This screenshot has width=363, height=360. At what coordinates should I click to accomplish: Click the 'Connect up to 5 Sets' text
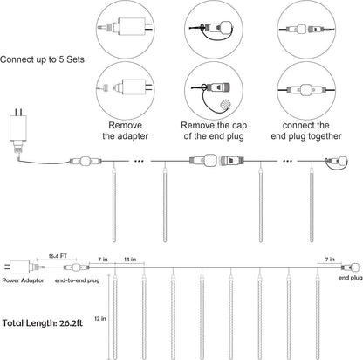[42, 59]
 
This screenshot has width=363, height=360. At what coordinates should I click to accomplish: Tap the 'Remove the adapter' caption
[125, 131]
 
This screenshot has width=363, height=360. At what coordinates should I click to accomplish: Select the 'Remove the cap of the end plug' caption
[214, 131]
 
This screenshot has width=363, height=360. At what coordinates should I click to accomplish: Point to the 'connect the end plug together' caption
[306, 131]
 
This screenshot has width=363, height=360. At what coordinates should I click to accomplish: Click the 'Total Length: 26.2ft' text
[43, 323]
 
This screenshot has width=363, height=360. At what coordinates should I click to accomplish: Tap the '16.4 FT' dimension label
[58, 256]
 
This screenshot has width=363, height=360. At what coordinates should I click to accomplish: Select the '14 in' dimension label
[130, 260]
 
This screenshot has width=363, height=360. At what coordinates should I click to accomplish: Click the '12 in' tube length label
[100, 319]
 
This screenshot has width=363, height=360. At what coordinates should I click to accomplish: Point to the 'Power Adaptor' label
[23, 280]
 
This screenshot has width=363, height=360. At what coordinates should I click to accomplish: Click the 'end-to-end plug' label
[78, 280]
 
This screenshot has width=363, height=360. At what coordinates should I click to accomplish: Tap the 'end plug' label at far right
[351, 278]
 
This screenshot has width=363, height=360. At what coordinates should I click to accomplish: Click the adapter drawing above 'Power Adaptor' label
[22, 267]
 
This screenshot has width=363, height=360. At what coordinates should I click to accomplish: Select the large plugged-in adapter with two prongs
[18, 131]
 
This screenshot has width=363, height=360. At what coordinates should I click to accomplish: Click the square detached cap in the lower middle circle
[225, 104]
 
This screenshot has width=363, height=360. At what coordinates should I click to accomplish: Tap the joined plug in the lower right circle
[306, 90]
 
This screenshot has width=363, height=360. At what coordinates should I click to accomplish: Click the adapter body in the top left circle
[131, 26]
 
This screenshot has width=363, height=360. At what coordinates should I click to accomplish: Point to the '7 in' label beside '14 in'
[103, 260]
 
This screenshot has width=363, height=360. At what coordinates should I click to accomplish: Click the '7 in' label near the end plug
[330, 260]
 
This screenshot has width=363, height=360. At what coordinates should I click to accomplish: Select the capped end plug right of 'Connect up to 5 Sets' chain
[338, 162]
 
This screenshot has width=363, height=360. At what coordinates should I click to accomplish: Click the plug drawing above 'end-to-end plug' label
[76, 267]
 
